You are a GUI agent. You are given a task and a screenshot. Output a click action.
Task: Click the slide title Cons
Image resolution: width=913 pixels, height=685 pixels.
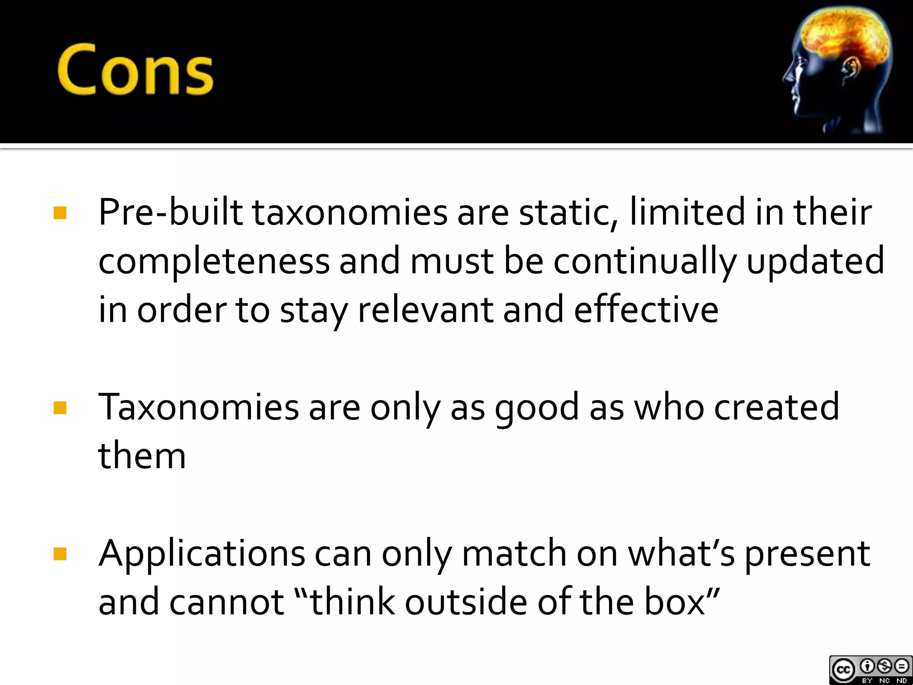coord(135,70)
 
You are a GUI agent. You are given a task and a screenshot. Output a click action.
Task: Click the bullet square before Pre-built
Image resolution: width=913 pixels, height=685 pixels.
coord(60,213)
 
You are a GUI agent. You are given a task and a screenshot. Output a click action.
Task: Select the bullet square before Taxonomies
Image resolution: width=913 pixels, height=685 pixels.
coord(60,408)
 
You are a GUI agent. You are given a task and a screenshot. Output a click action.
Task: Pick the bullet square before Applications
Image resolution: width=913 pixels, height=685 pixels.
coord(60,554)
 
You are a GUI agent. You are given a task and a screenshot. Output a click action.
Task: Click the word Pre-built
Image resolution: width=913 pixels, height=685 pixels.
coord(171,212)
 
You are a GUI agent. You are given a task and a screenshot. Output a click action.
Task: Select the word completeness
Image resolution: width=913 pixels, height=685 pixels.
coord(214,262)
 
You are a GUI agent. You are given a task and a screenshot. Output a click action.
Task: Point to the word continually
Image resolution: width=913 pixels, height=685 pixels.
coord(645,262)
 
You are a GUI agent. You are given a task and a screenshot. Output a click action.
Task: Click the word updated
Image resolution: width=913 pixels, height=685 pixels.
coord(815,262)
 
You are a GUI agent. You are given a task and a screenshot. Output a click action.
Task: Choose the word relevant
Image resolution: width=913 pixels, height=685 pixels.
coord(425,310)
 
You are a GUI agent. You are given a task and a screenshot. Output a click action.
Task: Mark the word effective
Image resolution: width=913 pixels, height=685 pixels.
coord(646,310)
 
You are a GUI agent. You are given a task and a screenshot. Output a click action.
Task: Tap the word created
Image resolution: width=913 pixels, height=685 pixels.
coord(777,407)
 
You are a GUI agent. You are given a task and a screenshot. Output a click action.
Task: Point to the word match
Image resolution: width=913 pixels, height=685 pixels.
coord(514,553)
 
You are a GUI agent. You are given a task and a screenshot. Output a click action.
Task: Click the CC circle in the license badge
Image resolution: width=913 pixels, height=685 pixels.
coord(843,670)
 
